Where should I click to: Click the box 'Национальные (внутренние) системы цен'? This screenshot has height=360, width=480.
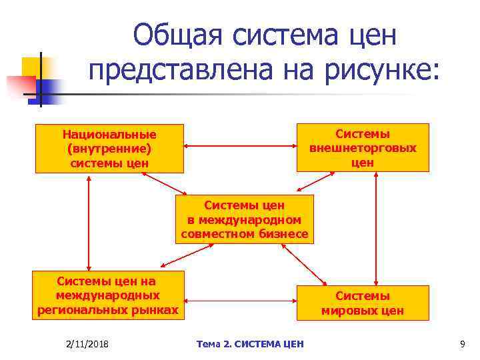(109, 148)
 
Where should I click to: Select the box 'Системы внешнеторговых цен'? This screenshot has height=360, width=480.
(363, 147)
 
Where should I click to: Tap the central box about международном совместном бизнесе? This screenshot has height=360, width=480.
(243, 219)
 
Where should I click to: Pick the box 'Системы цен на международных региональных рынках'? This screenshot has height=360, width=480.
(109, 295)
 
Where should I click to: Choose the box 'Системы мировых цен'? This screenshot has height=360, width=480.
(363, 303)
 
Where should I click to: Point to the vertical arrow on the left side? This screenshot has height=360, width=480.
(89, 222)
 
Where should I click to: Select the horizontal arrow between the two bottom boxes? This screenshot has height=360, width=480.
(239, 299)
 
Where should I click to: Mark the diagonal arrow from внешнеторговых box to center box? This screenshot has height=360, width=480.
(319, 183)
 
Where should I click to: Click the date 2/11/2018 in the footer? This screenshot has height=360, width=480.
(88, 343)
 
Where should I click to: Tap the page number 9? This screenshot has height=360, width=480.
(462, 343)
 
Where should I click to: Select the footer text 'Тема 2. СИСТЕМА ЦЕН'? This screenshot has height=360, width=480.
(250, 343)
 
